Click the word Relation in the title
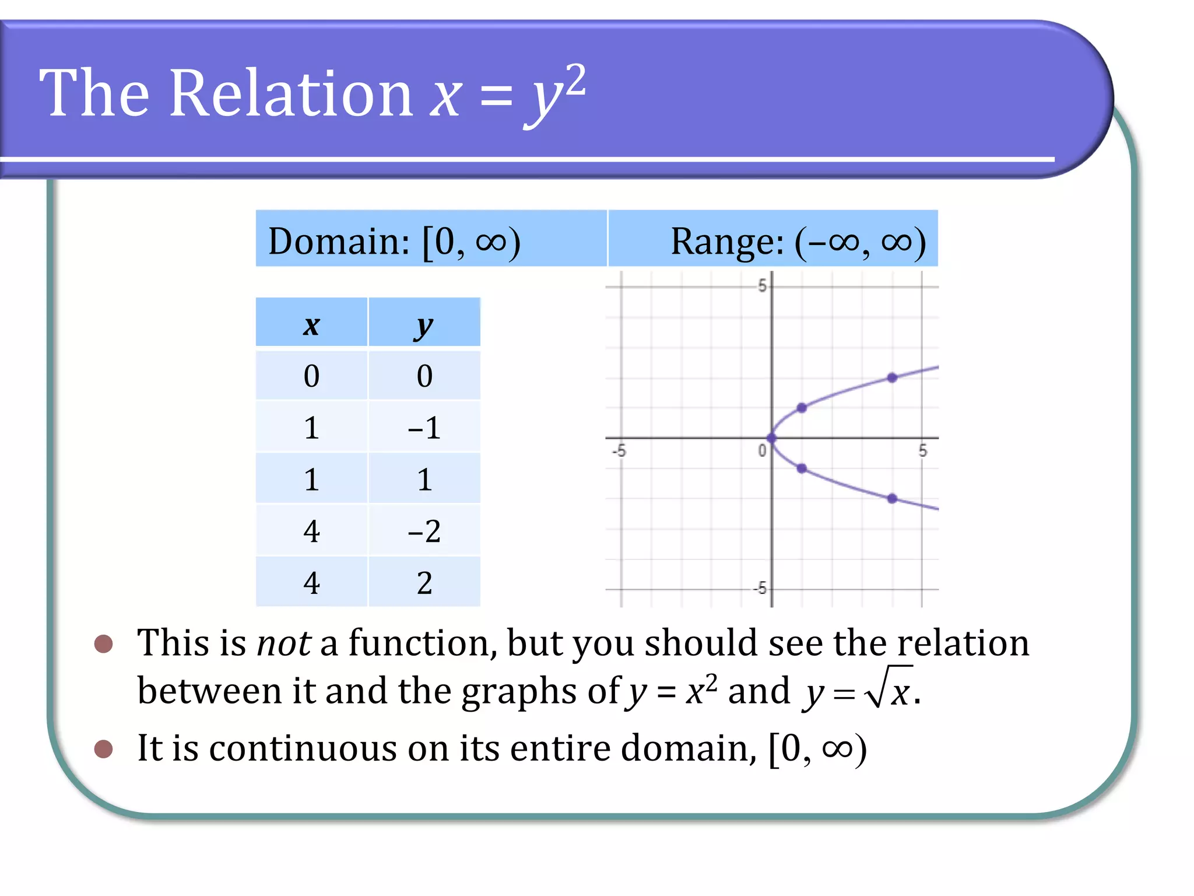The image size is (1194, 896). (291, 93)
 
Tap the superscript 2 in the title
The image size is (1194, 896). (575, 80)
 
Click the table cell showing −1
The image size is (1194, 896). (424, 428)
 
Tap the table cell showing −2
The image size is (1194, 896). (424, 531)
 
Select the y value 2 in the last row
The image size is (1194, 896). (424, 583)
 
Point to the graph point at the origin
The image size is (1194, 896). (772, 437)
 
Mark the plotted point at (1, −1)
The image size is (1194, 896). (802, 468)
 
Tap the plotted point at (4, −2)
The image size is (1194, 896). (893, 498)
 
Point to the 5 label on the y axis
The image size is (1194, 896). (761, 286)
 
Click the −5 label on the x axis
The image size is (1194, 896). (619, 451)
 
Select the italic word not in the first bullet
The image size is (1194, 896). (283, 643)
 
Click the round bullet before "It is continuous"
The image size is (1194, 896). (103, 749)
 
